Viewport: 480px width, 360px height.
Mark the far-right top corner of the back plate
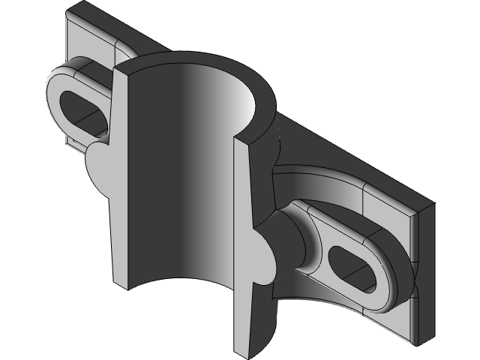tap(433, 202)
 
